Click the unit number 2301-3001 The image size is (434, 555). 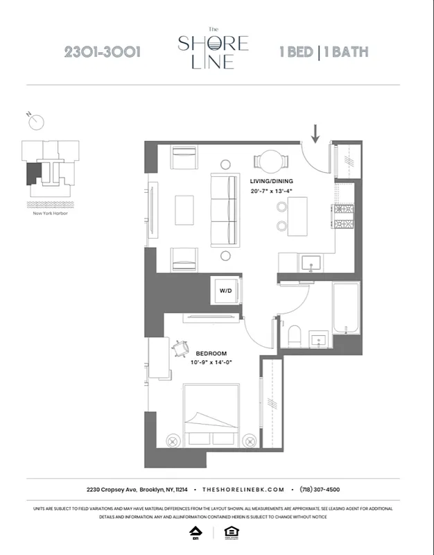click(103, 53)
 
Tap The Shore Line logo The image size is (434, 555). click(213, 49)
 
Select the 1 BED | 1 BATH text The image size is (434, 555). click(323, 53)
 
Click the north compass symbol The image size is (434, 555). click(37, 121)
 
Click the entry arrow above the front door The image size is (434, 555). click(315, 133)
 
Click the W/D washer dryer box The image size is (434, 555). click(226, 290)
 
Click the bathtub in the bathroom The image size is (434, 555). click(346, 308)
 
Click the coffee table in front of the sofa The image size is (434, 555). click(184, 209)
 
